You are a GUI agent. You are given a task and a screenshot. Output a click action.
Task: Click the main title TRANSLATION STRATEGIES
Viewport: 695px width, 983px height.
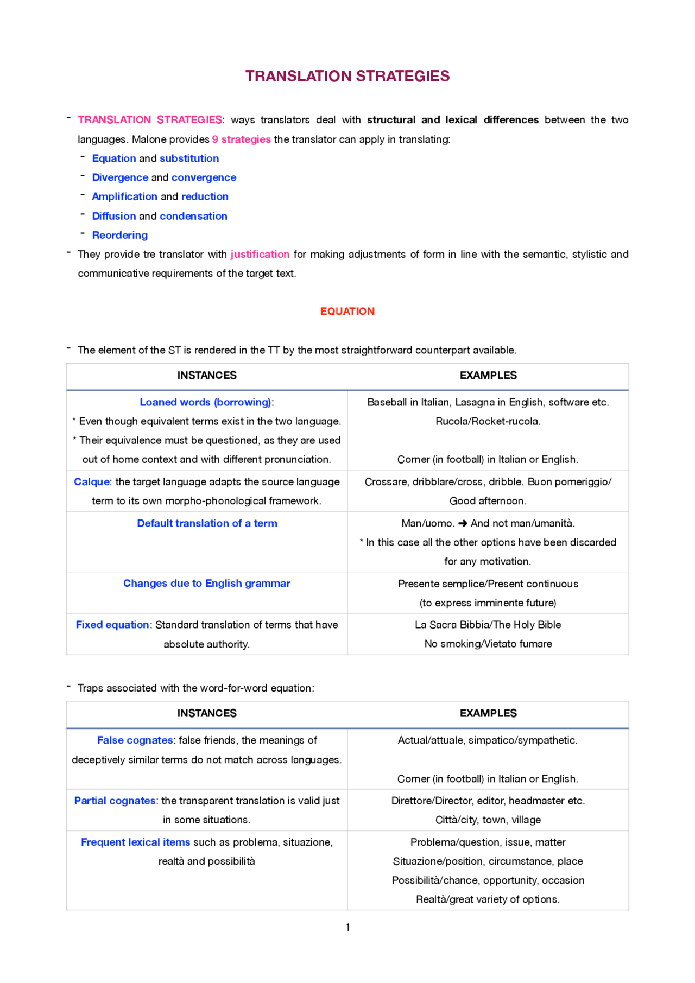point(347,76)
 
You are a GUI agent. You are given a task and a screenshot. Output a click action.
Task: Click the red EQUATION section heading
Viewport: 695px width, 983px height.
point(347,311)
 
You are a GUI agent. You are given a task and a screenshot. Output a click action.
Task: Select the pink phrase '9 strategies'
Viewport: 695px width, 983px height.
point(241,139)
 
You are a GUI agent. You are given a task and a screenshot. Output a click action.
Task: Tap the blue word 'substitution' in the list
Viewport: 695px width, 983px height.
point(189,158)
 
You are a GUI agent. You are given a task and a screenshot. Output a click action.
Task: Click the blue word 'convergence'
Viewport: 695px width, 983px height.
point(204,177)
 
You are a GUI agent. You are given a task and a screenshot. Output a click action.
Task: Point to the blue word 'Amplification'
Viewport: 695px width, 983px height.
point(124,196)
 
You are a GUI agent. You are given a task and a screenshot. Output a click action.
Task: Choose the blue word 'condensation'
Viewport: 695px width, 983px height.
point(193,216)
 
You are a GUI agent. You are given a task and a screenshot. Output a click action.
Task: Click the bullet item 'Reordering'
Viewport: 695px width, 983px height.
point(119,235)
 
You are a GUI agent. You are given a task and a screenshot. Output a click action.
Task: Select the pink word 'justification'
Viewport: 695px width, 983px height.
point(260,254)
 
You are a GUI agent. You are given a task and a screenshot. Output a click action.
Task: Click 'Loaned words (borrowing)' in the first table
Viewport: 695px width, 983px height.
point(205,402)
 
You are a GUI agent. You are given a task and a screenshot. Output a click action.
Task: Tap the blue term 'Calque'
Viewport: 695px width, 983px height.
point(92,482)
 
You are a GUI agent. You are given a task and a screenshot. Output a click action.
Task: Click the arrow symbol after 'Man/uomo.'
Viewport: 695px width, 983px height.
point(463,523)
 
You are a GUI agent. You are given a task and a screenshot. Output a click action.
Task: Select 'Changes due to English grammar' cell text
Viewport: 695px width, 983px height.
point(206,584)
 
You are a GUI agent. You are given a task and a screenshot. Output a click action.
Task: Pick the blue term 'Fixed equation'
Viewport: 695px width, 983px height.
point(112,625)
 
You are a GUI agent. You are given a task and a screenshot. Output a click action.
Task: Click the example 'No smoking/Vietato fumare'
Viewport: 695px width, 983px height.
point(488,644)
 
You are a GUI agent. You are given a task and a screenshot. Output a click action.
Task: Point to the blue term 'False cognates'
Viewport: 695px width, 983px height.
point(135,740)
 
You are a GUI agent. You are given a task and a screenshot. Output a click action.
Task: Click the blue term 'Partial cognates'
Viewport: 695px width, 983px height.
point(115,801)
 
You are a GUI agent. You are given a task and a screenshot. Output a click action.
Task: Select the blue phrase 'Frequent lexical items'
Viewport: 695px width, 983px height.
point(135,842)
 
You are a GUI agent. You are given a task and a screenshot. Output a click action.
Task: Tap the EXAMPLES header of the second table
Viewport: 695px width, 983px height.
point(488,713)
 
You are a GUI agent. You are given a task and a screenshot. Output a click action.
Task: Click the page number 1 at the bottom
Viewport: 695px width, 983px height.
point(347,928)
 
